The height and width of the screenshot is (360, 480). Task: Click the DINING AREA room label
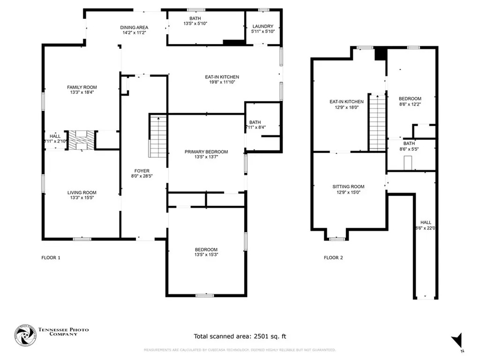point(135,28)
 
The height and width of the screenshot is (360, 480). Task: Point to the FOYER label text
point(142,171)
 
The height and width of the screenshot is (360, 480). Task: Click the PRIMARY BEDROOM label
point(206,152)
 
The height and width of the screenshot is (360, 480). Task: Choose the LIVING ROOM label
point(82,193)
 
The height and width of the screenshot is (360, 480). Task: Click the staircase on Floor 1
point(158,136)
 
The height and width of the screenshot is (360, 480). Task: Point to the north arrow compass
point(457,341)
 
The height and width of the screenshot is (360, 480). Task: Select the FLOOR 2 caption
point(333,257)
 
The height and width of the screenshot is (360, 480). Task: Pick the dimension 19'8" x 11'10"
point(222,82)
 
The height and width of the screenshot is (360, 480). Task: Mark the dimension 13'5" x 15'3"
point(206,255)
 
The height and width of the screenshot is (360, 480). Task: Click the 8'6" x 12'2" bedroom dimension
point(410,104)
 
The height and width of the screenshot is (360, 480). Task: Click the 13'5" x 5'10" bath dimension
point(195,23)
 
